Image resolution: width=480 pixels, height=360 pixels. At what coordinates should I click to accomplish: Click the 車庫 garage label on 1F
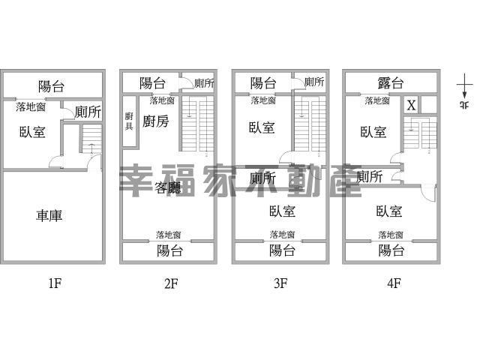point(49,216)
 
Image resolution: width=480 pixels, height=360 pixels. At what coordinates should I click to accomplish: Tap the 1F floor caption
point(53,283)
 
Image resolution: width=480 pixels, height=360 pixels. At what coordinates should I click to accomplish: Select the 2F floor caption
point(170,283)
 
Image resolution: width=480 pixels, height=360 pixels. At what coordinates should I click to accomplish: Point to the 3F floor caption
point(280,283)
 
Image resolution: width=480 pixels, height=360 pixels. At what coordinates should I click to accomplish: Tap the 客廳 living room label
point(169,188)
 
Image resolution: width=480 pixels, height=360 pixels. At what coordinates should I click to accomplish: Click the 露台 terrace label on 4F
point(391,83)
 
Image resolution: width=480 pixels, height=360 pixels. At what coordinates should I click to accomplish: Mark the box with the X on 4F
point(411,105)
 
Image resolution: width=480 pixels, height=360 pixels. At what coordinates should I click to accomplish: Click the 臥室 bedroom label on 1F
point(32,132)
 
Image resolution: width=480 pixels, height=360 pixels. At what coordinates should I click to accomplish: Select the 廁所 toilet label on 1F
point(88,112)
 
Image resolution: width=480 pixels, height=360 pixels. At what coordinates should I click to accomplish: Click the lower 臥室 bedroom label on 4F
point(390,211)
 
